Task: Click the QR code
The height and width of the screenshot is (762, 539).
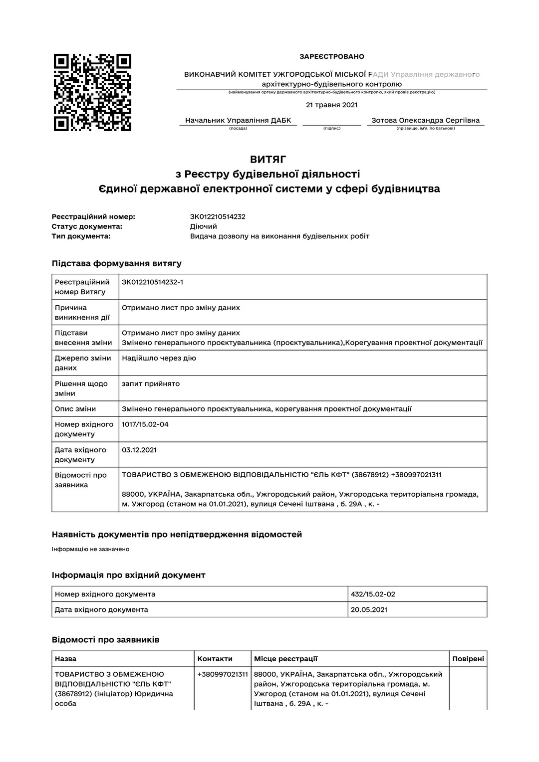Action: (x=92, y=92)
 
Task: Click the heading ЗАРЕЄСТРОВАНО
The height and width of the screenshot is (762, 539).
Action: (x=331, y=57)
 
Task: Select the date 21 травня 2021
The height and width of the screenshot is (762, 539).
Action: (x=331, y=105)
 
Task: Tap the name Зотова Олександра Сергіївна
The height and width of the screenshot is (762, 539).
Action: (x=425, y=120)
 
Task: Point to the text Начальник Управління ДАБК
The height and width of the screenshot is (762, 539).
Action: (x=238, y=120)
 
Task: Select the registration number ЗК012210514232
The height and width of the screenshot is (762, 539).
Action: (x=218, y=217)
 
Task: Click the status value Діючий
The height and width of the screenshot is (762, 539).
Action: (x=203, y=226)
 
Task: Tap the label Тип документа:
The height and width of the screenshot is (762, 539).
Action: (x=81, y=236)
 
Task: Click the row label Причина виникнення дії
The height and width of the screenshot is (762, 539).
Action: (x=82, y=313)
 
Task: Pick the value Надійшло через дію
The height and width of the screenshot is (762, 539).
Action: (x=159, y=358)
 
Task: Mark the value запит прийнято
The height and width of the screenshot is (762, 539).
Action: (x=151, y=384)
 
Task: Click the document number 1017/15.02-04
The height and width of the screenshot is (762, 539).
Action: (x=145, y=424)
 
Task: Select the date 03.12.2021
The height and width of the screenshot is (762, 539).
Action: (x=139, y=450)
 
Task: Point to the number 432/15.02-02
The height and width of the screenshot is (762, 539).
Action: (x=373, y=594)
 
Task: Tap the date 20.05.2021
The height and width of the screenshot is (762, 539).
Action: (x=369, y=609)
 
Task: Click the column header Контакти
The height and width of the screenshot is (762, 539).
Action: (x=215, y=659)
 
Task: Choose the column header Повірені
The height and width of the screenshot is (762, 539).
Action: (x=468, y=659)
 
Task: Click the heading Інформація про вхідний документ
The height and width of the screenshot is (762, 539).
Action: (x=129, y=575)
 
